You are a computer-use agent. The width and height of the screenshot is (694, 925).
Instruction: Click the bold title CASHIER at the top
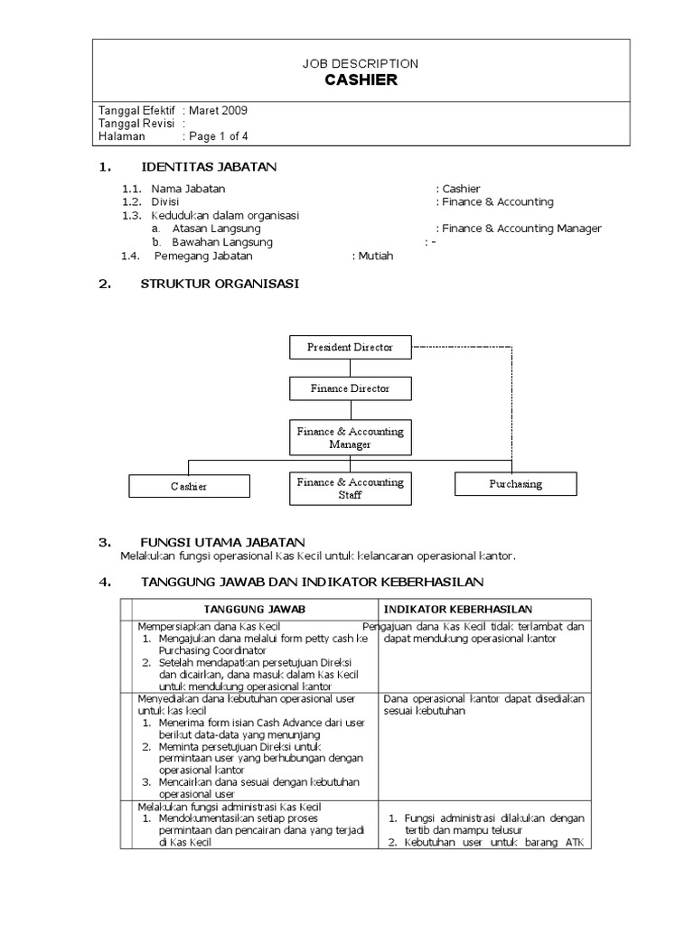pos(361,80)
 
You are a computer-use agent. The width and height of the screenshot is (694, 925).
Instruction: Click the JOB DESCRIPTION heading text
pos(361,63)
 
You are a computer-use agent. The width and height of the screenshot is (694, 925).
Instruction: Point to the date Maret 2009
pos(218,110)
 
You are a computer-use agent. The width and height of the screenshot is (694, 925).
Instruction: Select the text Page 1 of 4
pos(218,136)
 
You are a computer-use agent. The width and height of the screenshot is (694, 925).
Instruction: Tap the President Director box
pos(350,347)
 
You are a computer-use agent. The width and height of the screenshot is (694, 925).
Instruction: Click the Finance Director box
pos(350,388)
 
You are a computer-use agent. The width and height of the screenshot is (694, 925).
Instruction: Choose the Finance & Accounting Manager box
pos(350,438)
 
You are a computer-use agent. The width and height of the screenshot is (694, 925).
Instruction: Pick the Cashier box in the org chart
pos(189,486)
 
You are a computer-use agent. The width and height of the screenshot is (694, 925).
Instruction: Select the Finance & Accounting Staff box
pos(350,489)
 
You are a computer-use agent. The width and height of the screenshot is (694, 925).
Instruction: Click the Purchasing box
pos(515,484)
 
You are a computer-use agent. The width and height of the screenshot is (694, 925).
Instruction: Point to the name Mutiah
pos(376,256)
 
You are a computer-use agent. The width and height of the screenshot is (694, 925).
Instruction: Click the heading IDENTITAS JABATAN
pos(209,167)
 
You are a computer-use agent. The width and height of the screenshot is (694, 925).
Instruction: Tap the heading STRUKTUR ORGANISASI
pos(220,284)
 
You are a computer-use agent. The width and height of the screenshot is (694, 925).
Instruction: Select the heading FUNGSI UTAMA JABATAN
pos(222,541)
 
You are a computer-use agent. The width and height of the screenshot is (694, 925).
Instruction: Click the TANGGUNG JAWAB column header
pos(254,610)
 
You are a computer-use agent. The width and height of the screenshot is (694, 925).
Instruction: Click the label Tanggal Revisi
pos(136,124)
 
